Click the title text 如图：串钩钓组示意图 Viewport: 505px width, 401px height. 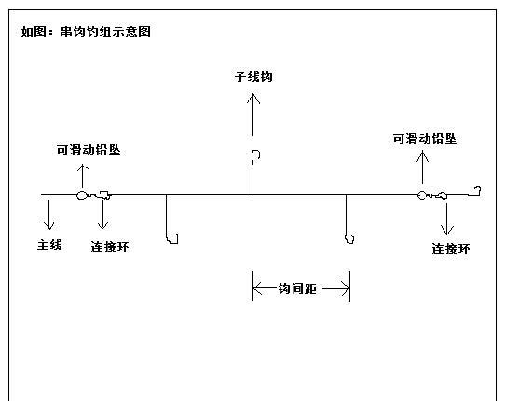[x=86, y=32]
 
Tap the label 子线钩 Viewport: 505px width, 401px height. [x=253, y=76]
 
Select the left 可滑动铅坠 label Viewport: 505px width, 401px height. [x=89, y=150]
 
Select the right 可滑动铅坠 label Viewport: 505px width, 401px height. [x=425, y=139]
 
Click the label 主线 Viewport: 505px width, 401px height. [x=49, y=245]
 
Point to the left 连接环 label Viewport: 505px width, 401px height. [x=110, y=247]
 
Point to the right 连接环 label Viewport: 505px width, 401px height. [x=451, y=248]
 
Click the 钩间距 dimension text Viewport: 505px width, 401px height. [x=297, y=288]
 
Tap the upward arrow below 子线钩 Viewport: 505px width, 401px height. [x=253, y=114]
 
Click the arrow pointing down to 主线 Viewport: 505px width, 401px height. [x=49, y=215]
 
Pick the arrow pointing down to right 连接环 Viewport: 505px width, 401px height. [x=446, y=219]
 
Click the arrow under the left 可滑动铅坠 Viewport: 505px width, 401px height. [x=83, y=176]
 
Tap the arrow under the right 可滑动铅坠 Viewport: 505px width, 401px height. [x=423, y=167]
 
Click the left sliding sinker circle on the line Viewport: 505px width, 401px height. [x=81, y=194]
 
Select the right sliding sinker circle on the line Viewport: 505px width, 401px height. [x=421, y=194]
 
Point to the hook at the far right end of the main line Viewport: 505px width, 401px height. [x=476, y=192]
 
